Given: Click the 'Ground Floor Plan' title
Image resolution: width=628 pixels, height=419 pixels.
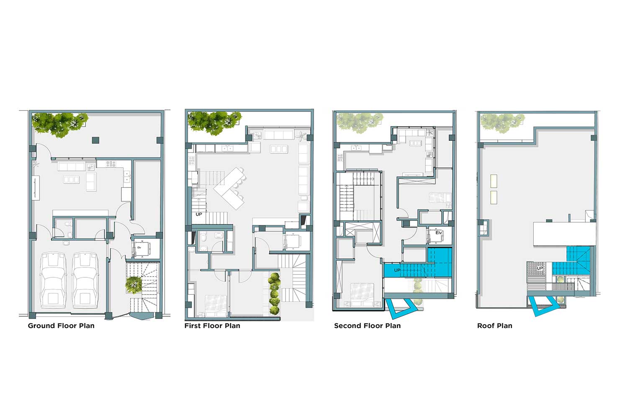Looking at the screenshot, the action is [x=61, y=326].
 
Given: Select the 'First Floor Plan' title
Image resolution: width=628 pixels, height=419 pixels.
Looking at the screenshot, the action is [x=212, y=326].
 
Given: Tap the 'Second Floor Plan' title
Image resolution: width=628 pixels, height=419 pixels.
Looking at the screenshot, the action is [x=367, y=326].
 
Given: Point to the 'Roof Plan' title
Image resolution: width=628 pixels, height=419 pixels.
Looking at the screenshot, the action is [x=494, y=326].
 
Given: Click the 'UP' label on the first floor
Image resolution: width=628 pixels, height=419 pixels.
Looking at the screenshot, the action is [x=199, y=215].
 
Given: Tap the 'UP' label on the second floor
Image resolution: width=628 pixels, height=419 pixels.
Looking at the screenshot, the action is [x=397, y=270].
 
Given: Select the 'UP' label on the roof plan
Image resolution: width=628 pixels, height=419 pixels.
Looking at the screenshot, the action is [x=540, y=268].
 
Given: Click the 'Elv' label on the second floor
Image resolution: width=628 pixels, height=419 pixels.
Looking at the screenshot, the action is [x=438, y=233].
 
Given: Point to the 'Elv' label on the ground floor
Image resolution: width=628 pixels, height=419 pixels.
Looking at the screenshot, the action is [x=139, y=248].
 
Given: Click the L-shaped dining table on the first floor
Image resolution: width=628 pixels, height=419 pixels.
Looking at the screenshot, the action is [x=229, y=188].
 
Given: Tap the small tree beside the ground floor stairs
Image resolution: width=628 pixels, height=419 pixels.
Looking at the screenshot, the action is [x=134, y=285].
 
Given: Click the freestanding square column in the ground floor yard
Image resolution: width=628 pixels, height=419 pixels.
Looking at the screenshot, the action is [x=95, y=140].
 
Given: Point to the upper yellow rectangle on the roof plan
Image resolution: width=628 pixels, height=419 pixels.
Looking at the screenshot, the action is [x=494, y=181].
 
